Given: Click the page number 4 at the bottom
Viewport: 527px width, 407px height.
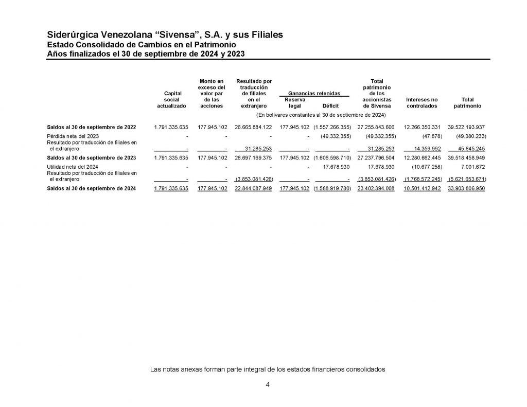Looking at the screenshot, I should [268, 385].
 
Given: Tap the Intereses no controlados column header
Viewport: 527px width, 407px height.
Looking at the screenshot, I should [421, 102].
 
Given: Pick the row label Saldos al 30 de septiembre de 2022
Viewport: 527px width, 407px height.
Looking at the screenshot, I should [92, 127].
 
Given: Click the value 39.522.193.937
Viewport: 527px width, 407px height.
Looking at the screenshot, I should [466, 127].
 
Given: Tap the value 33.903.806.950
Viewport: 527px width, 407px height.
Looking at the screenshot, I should [466, 189].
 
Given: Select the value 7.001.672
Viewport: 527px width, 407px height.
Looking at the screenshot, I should [472, 167].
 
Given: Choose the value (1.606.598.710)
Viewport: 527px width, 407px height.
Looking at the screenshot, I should [332, 158].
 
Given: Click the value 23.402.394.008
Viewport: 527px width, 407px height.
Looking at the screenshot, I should [375, 189].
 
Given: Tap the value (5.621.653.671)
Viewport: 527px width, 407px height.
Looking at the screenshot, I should [467, 179].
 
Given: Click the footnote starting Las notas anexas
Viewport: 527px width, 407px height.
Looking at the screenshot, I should [267, 369].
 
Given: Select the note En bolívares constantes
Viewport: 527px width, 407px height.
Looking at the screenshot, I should [321, 115].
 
